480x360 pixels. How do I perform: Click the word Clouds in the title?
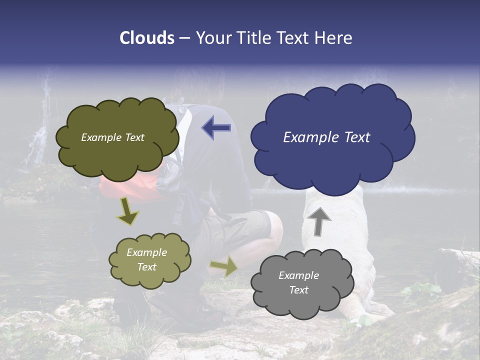click(147, 38)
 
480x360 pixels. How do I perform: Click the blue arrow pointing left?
click(216, 128)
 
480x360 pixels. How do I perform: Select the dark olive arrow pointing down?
click(127, 211)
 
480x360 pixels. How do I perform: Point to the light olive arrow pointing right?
click(224, 267)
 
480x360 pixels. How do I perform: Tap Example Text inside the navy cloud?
click(326, 137)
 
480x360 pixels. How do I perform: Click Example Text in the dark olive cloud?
click(112, 137)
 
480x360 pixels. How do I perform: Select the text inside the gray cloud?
click(298, 282)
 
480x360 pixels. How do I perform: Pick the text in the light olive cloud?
click(146, 259)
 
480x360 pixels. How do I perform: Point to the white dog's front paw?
click(367, 315)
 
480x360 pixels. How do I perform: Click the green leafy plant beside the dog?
click(420, 292)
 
